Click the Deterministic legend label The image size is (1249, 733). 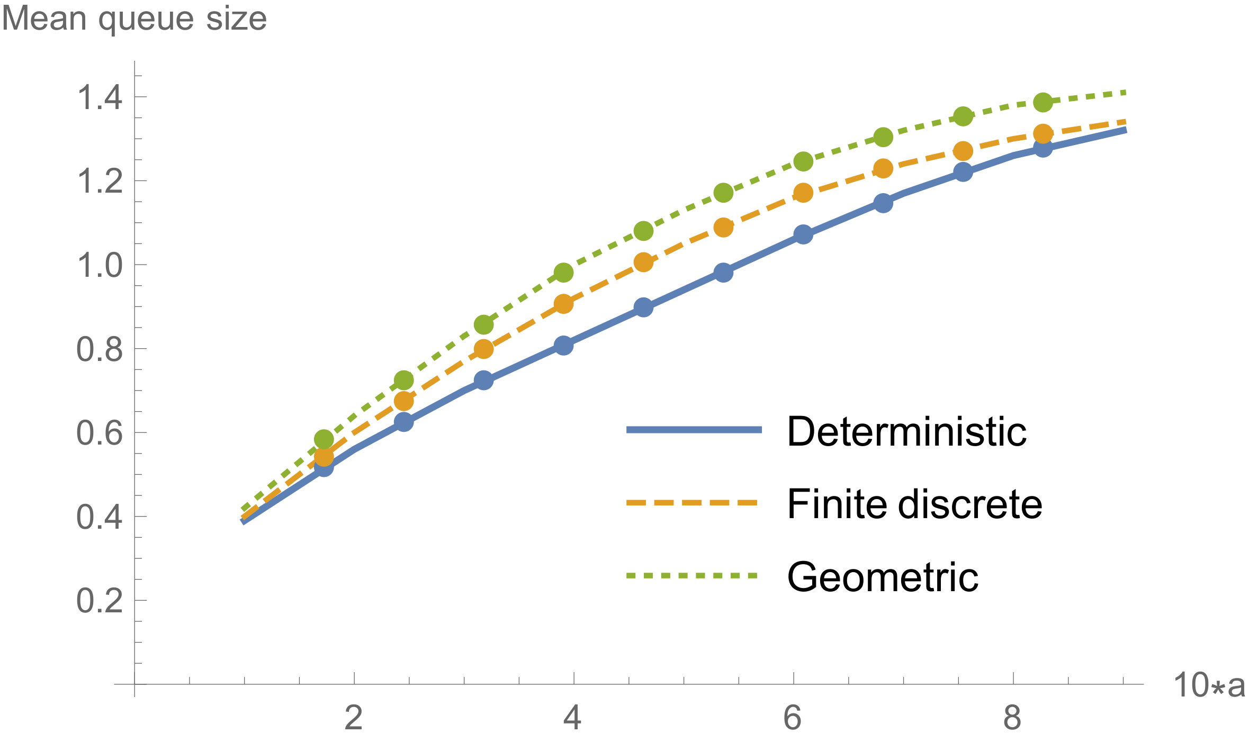(906, 432)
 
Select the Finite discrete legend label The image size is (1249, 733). (914, 504)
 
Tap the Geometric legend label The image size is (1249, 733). (883, 576)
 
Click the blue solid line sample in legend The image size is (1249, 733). (694, 430)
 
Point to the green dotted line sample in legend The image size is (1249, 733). (694, 575)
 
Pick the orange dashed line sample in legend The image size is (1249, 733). (694, 502)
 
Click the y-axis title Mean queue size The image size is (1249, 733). (134, 19)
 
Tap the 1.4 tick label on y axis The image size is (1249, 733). (100, 98)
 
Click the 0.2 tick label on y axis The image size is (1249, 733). (100, 601)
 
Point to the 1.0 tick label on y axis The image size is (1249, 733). (100, 266)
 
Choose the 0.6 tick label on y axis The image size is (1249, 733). (100, 433)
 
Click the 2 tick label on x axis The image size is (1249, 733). (354, 718)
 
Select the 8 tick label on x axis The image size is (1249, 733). (1012, 718)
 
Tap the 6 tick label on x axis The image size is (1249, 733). (793, 718)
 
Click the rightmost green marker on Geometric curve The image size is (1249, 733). (1043, 102)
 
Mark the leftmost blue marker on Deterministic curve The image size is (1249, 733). (324, 467)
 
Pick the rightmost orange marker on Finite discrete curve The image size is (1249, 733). (1043, 133)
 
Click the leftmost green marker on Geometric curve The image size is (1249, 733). (324, 439)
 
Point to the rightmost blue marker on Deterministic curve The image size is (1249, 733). (1043, 148)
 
